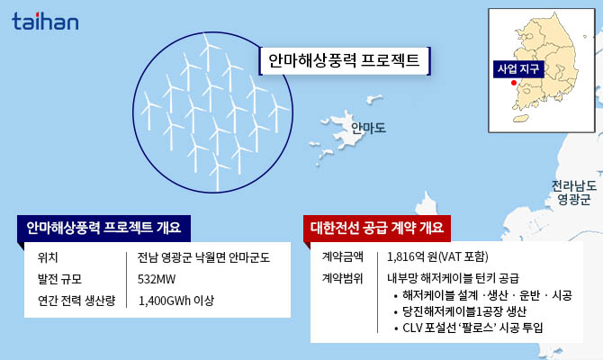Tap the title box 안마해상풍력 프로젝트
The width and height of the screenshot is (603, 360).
345,61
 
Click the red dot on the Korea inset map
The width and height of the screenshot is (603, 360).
513,84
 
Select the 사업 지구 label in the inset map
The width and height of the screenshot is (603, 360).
518,68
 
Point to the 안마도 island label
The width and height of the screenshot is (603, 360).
368,128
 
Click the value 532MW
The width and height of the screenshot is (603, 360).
157,279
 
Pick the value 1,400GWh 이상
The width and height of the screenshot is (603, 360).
176,301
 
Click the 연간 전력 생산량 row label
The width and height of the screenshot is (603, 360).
74,301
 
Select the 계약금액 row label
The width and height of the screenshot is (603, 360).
342,256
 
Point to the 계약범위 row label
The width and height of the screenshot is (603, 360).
342,278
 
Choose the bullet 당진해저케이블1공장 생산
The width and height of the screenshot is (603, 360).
471,310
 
